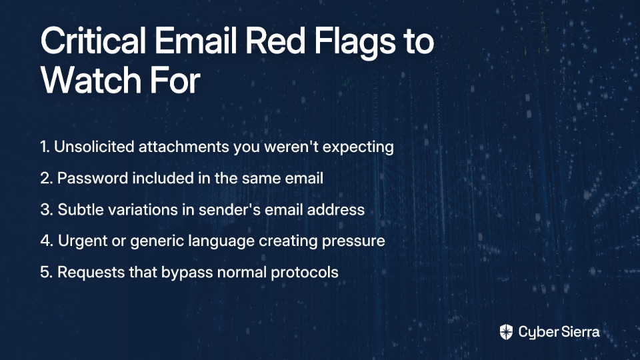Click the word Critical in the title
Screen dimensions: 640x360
click(x=93, y=41)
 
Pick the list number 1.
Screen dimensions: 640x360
click(x=45, y=147)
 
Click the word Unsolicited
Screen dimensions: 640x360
click(x=94, y=147)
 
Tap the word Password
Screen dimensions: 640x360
click(x=92, y=179)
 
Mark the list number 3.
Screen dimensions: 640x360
click(x=46, y=210)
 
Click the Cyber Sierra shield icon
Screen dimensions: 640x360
click(x=506, y=332)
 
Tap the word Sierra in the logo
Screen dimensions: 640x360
click(x=579, y=332)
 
